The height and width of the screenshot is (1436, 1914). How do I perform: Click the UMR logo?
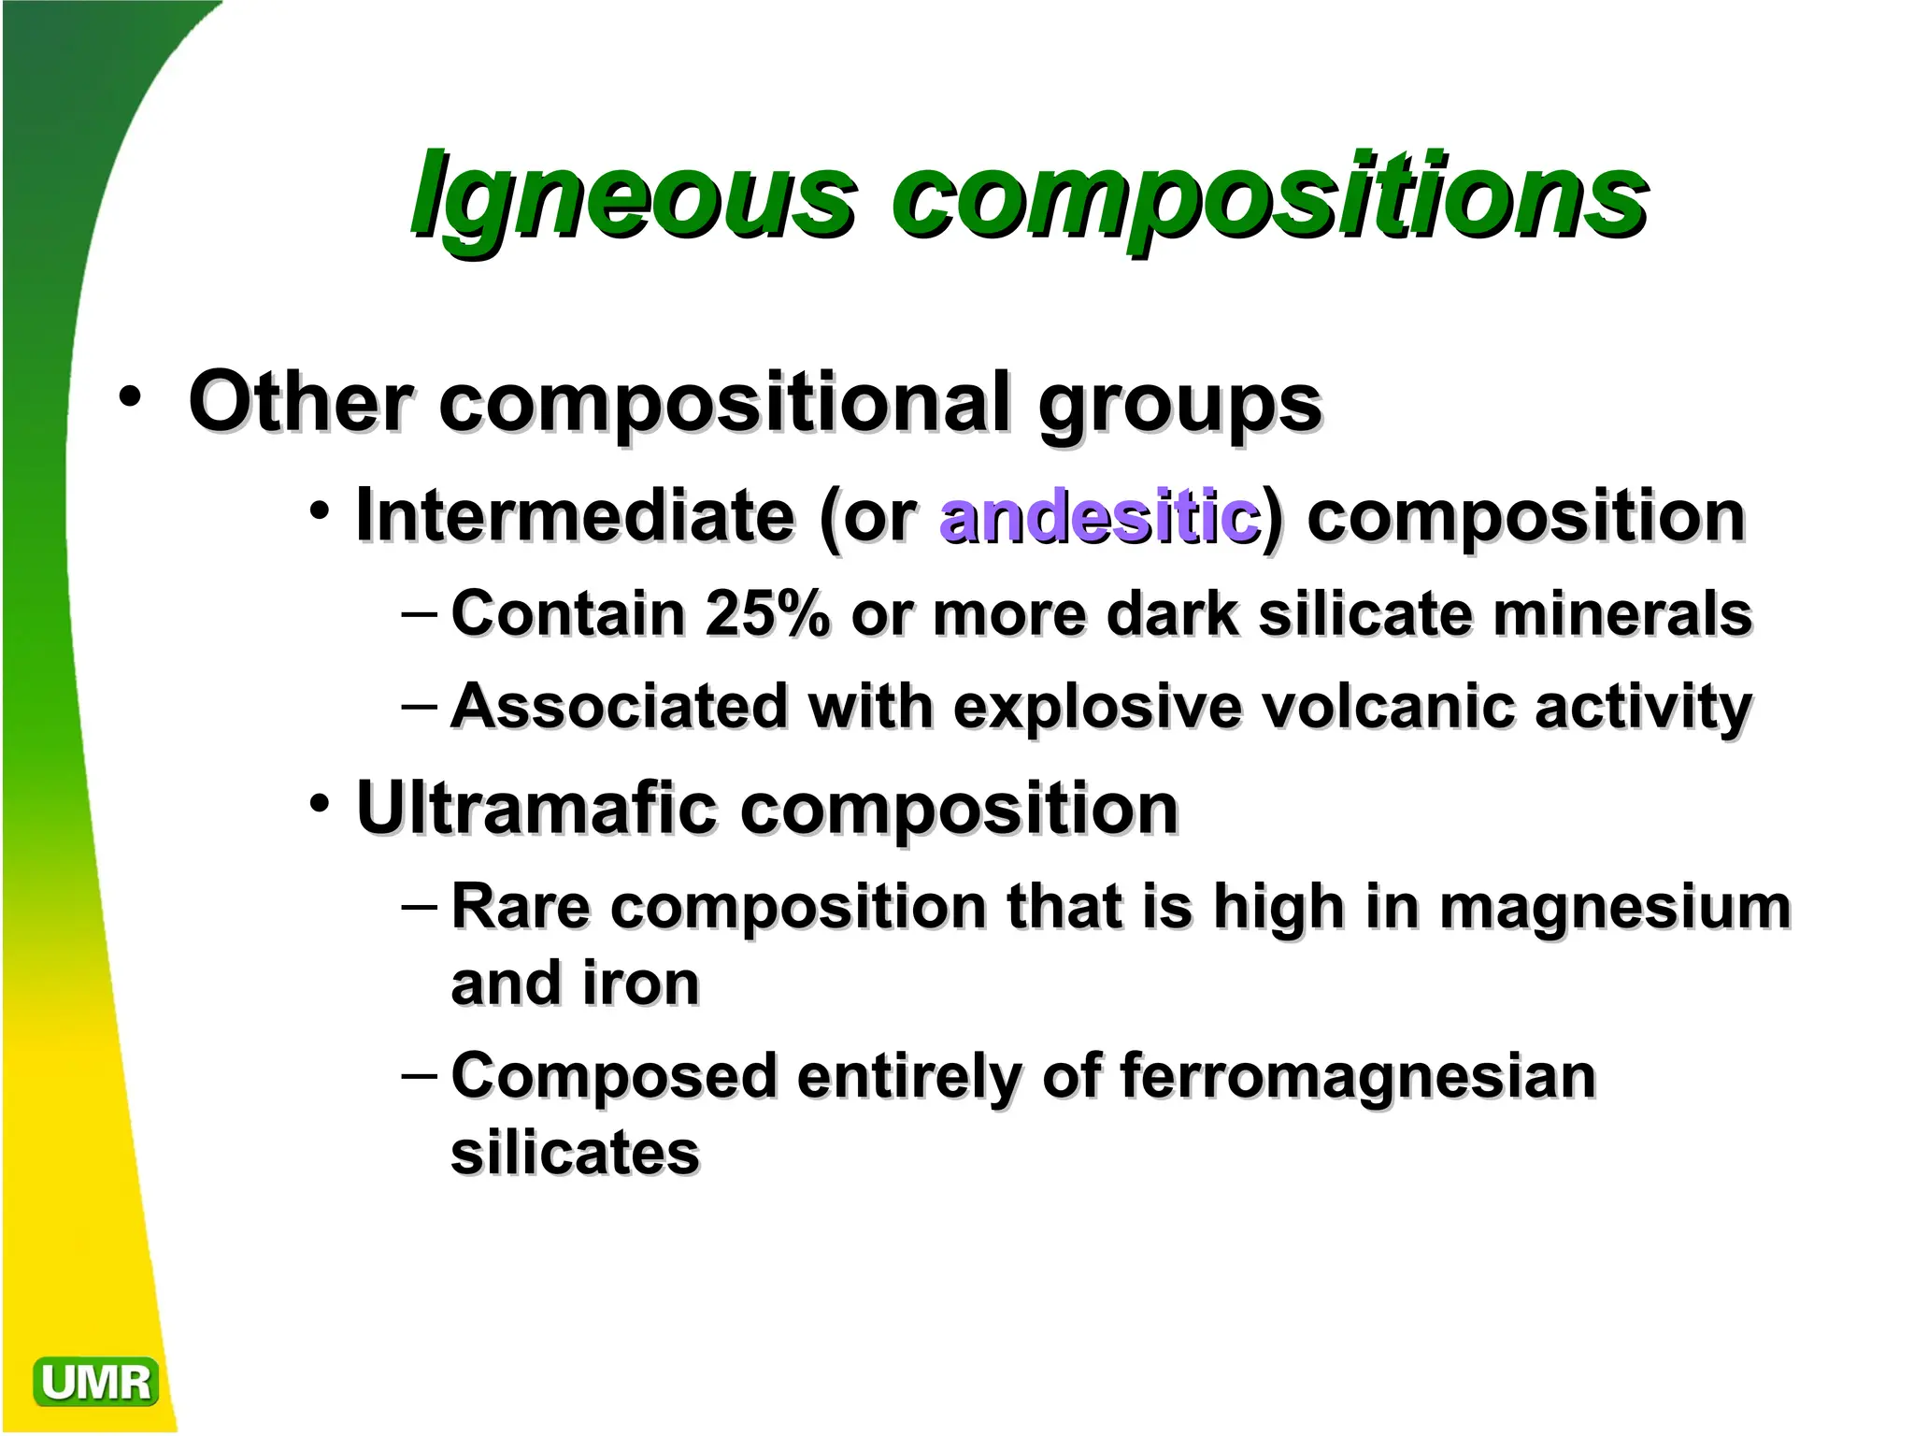point(95,1382)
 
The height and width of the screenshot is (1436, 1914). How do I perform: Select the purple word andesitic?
point(1099,516)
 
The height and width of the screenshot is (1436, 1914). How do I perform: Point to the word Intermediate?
point(575,516)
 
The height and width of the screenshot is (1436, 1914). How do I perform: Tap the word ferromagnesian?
point(1357,1076)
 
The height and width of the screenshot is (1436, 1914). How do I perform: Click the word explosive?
point(1097,707)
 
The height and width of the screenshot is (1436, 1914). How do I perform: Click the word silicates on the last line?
point(575,1153)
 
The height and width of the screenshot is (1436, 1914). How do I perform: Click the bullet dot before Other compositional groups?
point(130,396)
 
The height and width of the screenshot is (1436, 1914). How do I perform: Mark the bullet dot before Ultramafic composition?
point(321,803)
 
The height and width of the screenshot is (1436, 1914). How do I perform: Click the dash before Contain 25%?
point(419,614)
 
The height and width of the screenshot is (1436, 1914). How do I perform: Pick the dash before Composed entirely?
point(419,1075)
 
